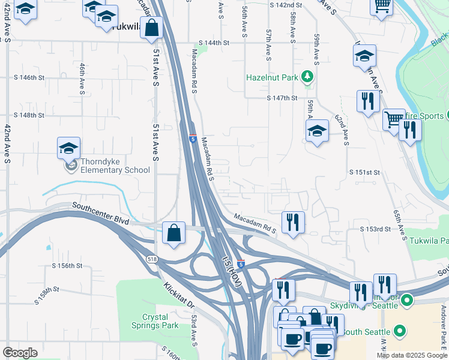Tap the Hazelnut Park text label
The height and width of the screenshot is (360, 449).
tap(273, 77)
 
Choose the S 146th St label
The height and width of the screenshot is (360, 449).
tap(29, 77)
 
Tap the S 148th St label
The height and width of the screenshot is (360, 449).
tap(29, 115)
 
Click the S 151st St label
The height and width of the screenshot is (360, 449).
tap(365, 172)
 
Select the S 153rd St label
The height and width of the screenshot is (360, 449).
tap(375, 229)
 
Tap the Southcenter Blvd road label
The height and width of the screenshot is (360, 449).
tap(100, 213)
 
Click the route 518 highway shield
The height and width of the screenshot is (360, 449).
tap(151, 258)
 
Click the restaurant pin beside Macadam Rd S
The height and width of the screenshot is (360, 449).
tap(293, 222)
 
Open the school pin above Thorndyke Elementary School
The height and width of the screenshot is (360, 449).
tap(69, 148)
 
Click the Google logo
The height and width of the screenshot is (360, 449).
tap(20, 353)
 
